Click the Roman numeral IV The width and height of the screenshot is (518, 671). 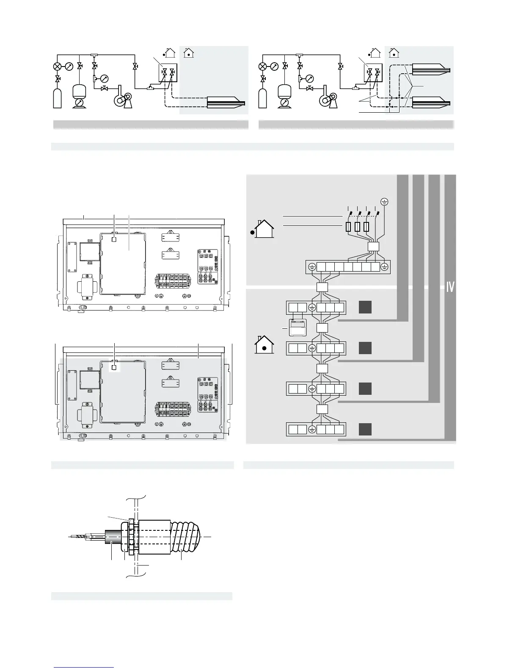coord(450,287)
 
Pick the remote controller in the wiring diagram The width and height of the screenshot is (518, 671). coord(297,327)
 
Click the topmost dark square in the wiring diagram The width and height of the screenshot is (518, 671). coord(365,307)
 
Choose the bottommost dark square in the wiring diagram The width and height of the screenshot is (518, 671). coord(365,429)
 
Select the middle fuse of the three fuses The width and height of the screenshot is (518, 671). coord(358,227)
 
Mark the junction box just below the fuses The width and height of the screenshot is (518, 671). coord(373,247)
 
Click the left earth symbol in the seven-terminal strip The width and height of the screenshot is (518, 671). coord(312,267)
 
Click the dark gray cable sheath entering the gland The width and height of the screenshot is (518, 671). coord(111,537)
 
